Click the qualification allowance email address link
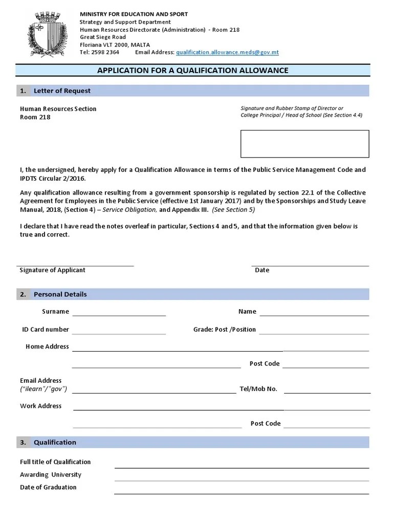tap(227, 52)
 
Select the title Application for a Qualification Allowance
tap(193, 71)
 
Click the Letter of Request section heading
tap(62, 91)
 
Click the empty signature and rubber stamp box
tap(304, 144)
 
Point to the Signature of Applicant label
tap(52, 270)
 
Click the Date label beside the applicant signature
tap(262, 270)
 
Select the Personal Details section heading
tap(60, 294)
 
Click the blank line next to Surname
tap(119, 312)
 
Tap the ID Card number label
tap(45, 330)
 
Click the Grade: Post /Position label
tap(224, 330)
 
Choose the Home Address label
tap(47, 347)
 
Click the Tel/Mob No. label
tap(258, 389)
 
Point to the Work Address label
tap(40, 406)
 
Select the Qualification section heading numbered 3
tap(55, 442)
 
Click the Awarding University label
tap(51, 475)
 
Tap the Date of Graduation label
tap(48, 488)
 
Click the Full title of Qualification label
tap(55, 462)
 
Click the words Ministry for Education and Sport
tap(134, 14)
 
